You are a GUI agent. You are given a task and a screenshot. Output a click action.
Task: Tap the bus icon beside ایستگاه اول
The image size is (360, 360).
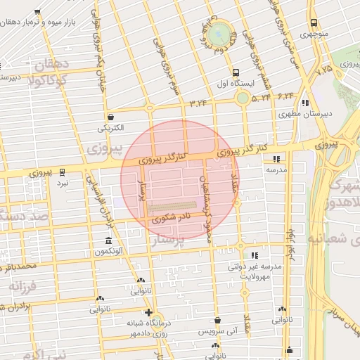[236, 72]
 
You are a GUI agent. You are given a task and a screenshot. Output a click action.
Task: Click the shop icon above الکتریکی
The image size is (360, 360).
[111, 117]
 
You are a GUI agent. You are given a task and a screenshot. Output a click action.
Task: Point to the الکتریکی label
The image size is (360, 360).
[111, 128]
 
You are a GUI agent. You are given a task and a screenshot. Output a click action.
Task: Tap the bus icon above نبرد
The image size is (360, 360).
[63, 171]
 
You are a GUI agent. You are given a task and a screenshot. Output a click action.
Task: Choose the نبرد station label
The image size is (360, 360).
[63, 182]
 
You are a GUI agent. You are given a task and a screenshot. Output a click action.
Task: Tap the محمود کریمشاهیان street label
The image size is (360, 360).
[207, 199]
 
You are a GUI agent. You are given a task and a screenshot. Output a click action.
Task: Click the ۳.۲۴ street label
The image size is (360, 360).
[199, 103]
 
